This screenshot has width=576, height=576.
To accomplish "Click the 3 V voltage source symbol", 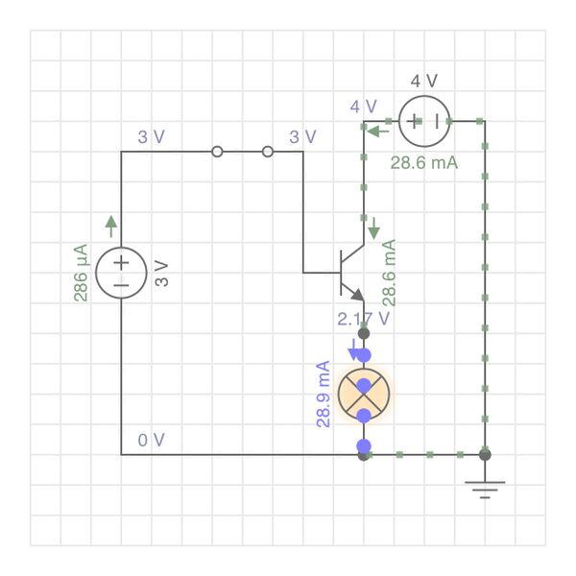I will click(121, 273).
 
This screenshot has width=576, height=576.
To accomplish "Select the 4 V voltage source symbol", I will click(423, 121).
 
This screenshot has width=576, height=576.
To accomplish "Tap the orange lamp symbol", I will click(364, 392).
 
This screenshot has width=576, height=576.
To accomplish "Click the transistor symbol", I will click(349, 273).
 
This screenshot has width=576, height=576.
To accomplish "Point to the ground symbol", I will click(485, 490).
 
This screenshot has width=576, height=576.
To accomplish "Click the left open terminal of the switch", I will click(218, 152).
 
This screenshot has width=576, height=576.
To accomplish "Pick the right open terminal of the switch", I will click(268, 152).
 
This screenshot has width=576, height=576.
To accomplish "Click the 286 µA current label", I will click(81, 273).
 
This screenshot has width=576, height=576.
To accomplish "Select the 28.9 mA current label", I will click(323, 394).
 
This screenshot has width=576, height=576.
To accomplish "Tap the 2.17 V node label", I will click(364, 318).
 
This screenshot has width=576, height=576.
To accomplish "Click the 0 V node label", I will click(151, 440).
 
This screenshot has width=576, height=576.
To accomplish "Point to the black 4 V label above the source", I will click(423, 81).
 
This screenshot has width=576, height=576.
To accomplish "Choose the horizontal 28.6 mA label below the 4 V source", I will click(423, 162).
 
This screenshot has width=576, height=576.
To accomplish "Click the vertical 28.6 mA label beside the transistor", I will click(390, 273).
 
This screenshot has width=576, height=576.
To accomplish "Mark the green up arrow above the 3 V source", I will click(111, 226).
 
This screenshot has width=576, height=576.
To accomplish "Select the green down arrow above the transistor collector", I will click(373, 229).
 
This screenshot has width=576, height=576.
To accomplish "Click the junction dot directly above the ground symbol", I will click(485, 454).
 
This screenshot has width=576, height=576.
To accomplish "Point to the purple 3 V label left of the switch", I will click(151, 136).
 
